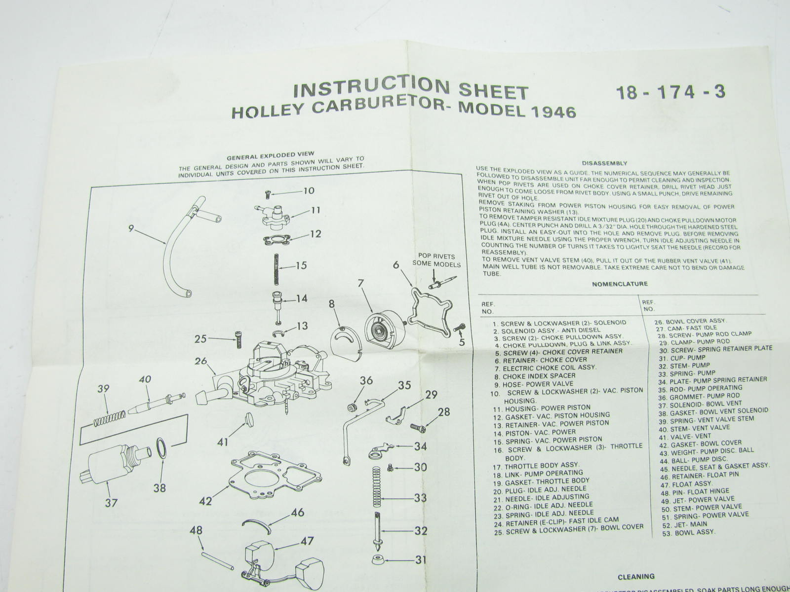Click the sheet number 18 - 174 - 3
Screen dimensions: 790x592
pos(671,92)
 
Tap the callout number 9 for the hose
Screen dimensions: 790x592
pos(131,228)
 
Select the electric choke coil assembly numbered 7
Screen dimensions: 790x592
pos(385,331)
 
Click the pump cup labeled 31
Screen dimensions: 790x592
pos(378,559)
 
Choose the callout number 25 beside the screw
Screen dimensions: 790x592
pos(200,338)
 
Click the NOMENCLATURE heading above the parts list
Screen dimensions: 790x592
pos(620,284)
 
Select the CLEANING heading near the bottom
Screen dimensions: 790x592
pos(636,577)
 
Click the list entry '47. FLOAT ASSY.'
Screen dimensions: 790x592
pos(686,484)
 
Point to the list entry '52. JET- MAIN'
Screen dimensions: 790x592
pos(684,524)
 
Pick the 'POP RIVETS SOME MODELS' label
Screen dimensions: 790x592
pos(436,260)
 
